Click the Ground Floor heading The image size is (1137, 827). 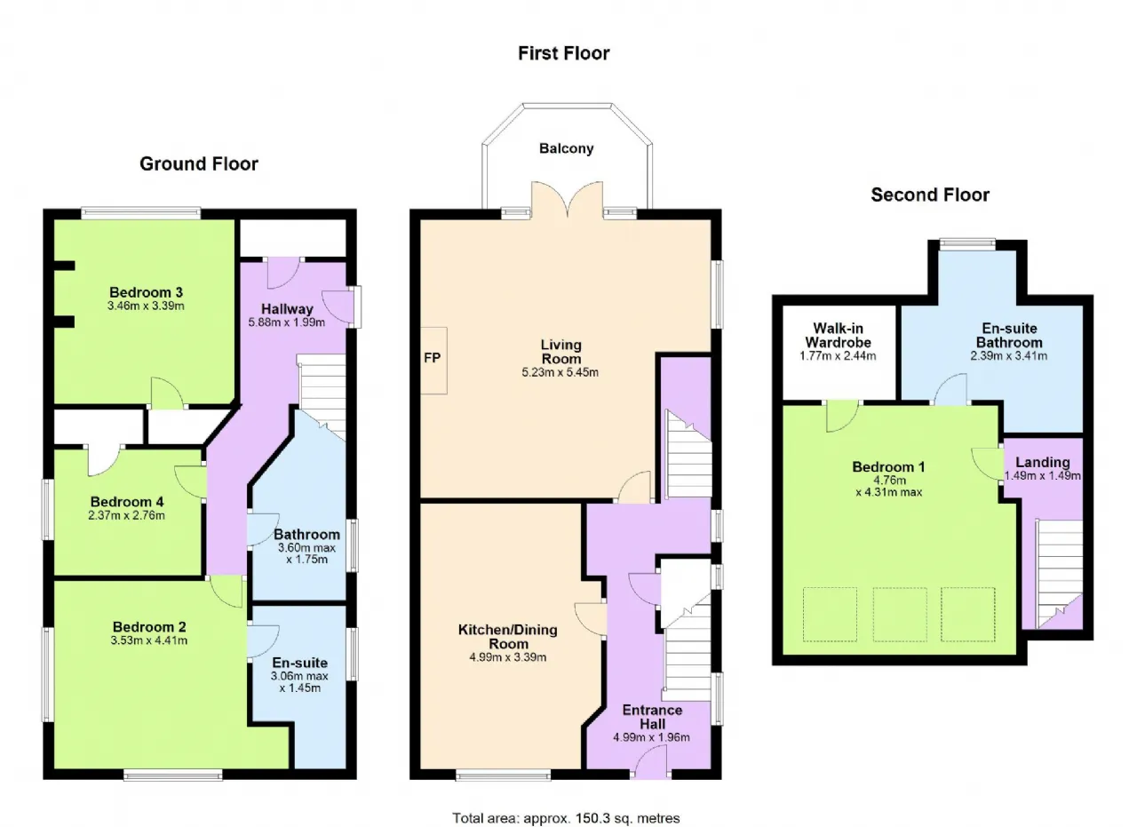point(199,164)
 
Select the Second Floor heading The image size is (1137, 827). point(930,195)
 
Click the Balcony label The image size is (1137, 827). point(567,148)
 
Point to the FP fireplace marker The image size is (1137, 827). point(432,358)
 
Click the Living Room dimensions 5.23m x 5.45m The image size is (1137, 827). point(561,372)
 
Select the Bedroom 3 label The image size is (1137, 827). point(147,292)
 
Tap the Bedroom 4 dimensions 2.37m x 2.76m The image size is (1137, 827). point(126,515)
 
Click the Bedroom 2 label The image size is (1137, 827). point(149,627)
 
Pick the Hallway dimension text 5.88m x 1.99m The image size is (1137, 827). point(287,322)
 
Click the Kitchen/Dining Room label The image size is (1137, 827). point(508,637)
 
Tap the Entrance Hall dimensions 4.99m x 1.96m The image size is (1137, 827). point(652,737)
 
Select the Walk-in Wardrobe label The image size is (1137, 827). point(838,335)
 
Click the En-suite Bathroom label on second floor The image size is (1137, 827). point(1009,335)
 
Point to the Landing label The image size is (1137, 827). point(1043,463)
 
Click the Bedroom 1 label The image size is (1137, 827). point(889,467)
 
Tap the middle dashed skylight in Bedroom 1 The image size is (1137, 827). point(900,615)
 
